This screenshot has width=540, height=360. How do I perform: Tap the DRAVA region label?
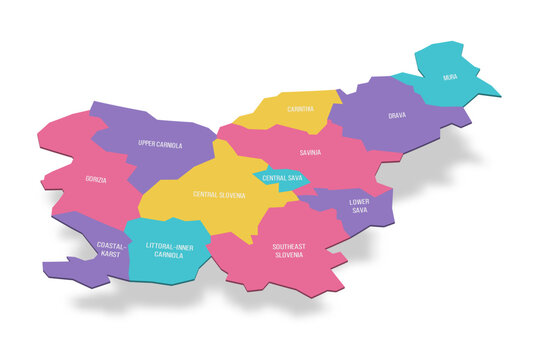tap(397, 116)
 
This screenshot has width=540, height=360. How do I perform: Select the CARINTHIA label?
tap(300, 109)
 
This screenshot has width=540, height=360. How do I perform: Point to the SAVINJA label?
tap(309, 153)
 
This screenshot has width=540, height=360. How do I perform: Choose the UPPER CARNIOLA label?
tap(160, 145)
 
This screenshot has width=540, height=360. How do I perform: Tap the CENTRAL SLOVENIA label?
tap(219, 194)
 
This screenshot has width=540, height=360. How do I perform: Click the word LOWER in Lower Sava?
tap(358, 202)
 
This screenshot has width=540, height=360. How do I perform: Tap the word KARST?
tap(111, 254)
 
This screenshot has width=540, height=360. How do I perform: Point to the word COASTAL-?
tap(112, 245)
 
